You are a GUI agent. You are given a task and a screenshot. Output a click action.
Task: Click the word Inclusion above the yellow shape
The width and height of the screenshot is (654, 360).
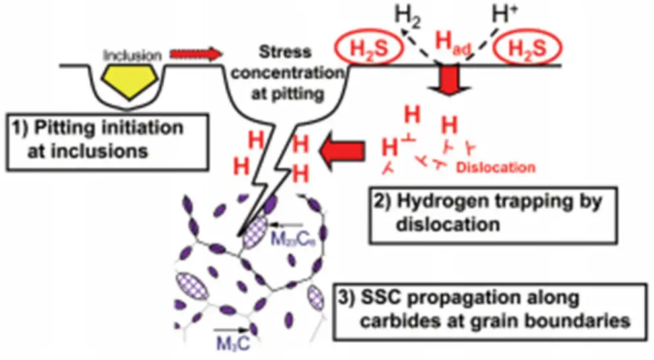[x=133, y=55]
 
